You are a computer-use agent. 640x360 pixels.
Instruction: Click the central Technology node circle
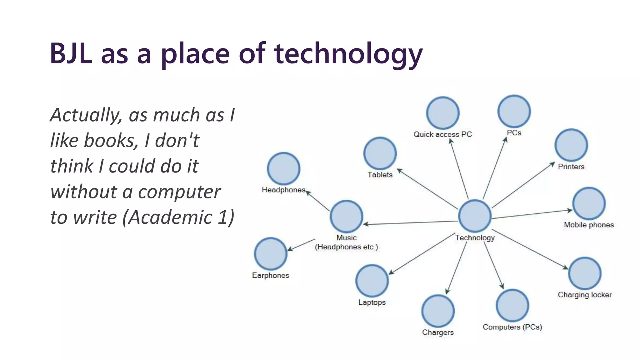(475, 216)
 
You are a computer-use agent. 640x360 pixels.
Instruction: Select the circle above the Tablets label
(380, 153)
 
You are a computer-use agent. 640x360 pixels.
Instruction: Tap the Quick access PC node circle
(443, 113)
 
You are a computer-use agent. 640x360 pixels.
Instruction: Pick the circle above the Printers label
(571, 145)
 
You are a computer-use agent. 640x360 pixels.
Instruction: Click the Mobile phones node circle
(589, 204)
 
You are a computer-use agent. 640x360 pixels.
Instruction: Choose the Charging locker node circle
(585, 273)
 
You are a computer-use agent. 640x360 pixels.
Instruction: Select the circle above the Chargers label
(438, 311)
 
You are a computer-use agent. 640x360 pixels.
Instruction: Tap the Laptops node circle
(372, 281)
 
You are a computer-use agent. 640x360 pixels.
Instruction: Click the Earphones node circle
(271, 254)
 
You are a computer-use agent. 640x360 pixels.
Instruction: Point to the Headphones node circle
(284, 169)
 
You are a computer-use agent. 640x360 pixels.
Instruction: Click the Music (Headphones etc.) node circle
(347, 216)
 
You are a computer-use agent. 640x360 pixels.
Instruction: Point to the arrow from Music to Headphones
(318, 201)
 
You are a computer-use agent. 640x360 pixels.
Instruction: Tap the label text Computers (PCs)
(512, 327)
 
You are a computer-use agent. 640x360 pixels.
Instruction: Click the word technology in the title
(348, 54)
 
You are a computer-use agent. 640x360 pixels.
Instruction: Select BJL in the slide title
(71, 54)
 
